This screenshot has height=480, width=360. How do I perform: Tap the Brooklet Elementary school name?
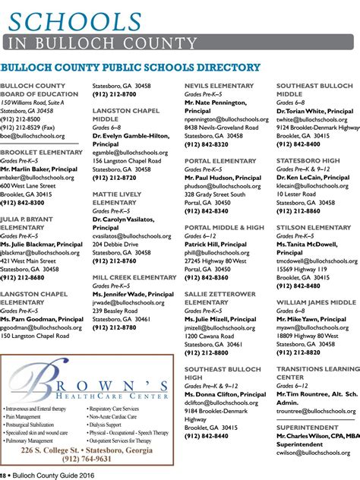pyautogui.click(x=42, y=152)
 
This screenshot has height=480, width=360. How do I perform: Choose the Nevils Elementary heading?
pyautogui.click(x=219, y=86)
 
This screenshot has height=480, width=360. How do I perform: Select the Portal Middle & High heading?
pyautogui.click(x=224, y=227)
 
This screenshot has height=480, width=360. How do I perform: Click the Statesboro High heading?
pyautogui.click(x=308, y=160)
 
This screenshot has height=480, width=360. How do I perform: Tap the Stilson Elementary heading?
pyautogui.click(x=314, y=227)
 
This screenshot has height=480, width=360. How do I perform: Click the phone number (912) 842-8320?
pyautogui.click(x=206, y=144)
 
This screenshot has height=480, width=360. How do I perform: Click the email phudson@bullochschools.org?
pyautogui.click(x=222, y=185)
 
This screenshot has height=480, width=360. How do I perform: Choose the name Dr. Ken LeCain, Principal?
pyautogui.click(x=314, y=177)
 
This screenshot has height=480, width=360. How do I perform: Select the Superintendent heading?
pyautogui.click(x=308, y=428)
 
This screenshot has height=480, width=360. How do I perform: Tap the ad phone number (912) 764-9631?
pyautogui.click(x=87, y=459)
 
